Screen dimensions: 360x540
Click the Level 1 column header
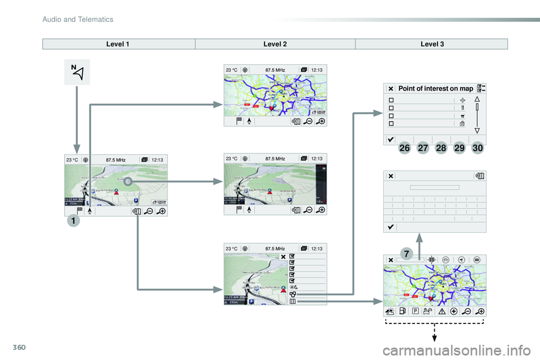(119, 44)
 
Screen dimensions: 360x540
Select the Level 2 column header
(275, 44)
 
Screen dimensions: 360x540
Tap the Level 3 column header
(431, 44)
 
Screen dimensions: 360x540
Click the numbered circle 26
(404, 148)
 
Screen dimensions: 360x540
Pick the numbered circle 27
(423, 148)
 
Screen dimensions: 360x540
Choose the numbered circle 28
(441, 148)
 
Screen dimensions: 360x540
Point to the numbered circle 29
(460, 148)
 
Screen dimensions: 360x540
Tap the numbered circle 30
(478, 148)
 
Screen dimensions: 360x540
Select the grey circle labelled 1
(73, 221)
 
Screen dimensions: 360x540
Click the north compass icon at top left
(77, 72)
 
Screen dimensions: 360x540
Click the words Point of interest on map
(435, 88)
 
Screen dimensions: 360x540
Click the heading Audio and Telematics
(78, 20)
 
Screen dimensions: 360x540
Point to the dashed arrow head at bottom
(435, 338)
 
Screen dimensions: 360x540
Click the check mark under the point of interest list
(390, 138)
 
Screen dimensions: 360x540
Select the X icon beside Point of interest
(390, 88)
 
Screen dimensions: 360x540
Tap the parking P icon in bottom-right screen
(415, 310)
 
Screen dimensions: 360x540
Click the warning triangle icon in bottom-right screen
(442, 310)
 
